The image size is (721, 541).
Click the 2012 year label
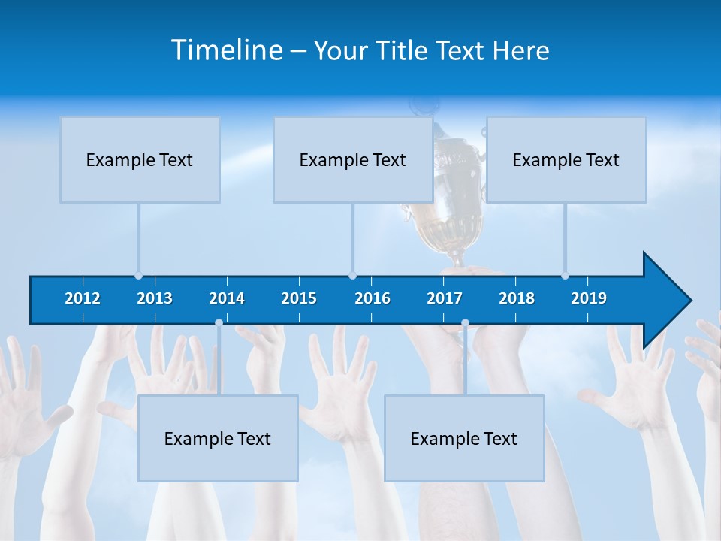point(83,298)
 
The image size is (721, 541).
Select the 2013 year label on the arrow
point(155,298)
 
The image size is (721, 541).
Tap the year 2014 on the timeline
point(227,298)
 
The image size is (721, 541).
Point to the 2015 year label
point(299,298)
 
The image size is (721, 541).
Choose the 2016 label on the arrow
point(373,298)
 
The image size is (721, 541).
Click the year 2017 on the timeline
point(445,298)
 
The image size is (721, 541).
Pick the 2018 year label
point(517,298)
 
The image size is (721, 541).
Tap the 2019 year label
point(589,298)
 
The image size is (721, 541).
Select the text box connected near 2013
point(140,159)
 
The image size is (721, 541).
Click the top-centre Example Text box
point(353,159)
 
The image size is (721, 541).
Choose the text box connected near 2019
point(566,159)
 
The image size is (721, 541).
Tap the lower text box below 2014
point(218,438)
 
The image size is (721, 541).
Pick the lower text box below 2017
point(464,438)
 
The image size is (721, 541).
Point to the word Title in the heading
point(404,50)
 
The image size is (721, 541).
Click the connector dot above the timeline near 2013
point(138,276)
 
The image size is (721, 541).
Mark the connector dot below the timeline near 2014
point(219,323)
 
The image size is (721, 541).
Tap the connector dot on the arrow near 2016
point(352,276)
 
